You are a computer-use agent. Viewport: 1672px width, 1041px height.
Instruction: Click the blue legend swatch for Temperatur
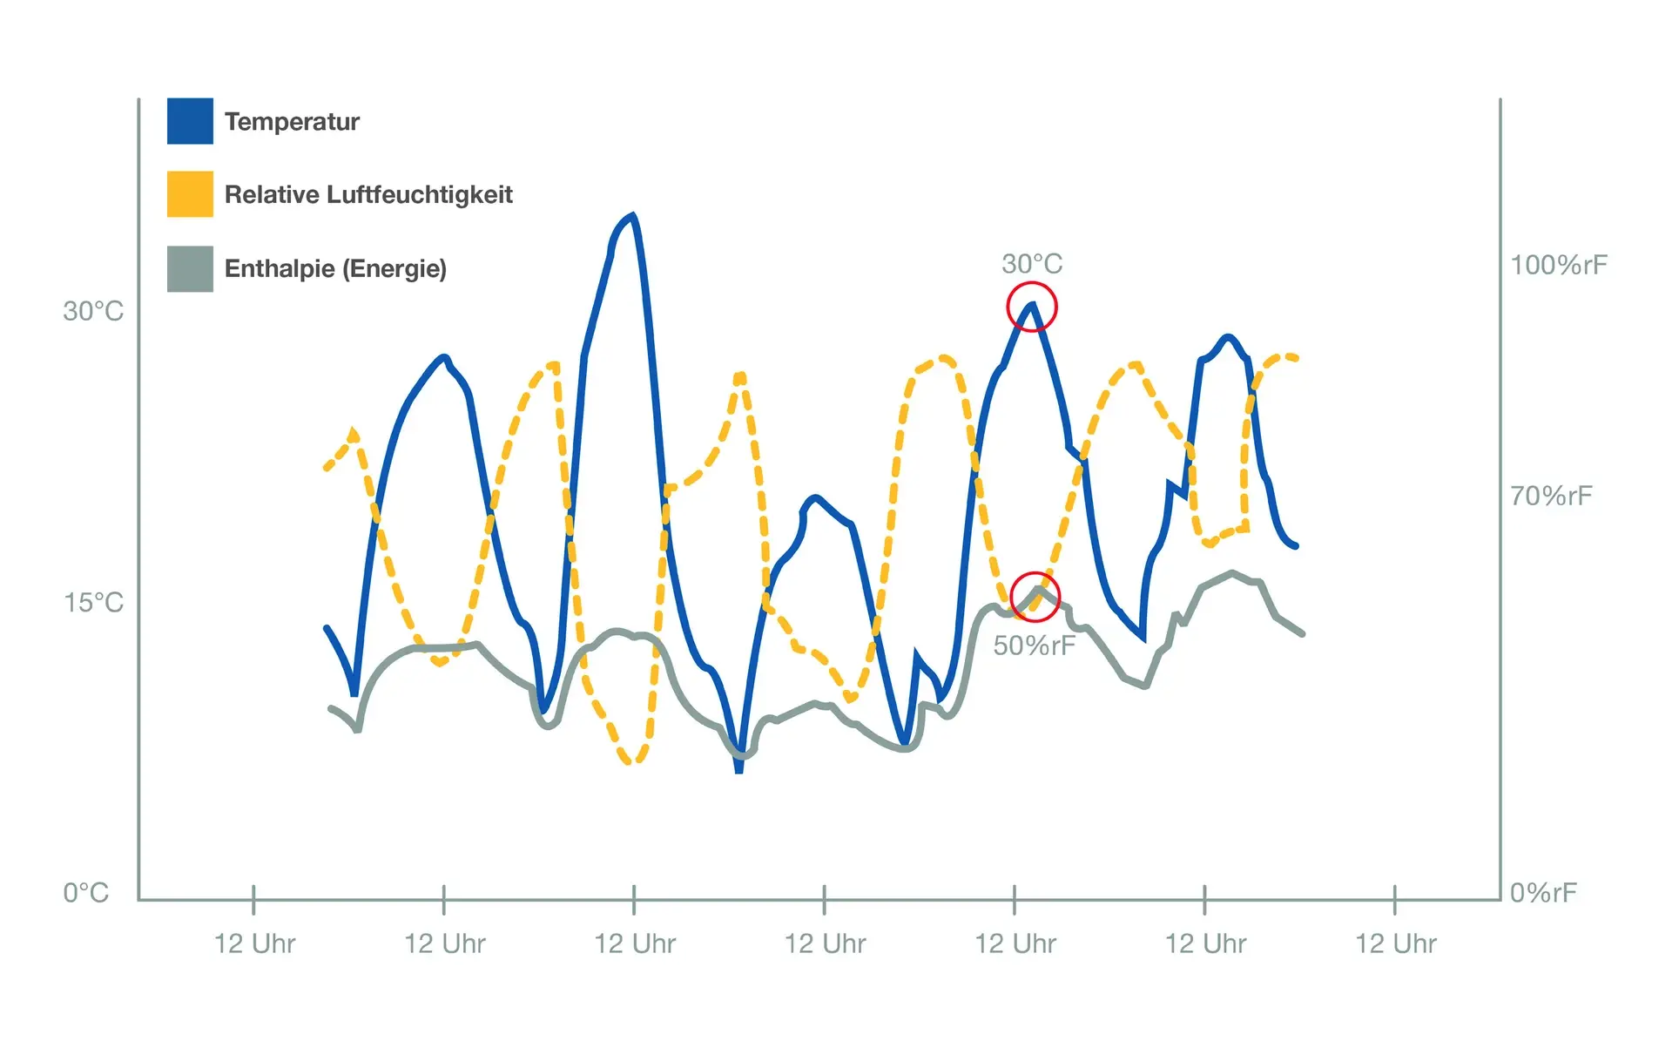(x=190, y=121)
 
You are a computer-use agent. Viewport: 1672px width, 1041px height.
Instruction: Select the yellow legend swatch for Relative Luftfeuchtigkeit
(x=190, y=193)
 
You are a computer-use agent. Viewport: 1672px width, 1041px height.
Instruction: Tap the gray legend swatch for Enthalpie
(x=190, y=268)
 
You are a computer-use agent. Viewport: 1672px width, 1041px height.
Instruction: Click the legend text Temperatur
(x=292, y=122)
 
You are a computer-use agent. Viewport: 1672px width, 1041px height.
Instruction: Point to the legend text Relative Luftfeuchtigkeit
(x=368, y=194)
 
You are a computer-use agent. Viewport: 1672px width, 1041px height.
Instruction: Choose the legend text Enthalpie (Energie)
(x=335, y=268)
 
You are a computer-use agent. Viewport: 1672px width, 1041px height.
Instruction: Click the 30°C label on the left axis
(x=93, y=311)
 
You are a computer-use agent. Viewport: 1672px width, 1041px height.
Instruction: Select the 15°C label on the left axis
(x=93, y=602)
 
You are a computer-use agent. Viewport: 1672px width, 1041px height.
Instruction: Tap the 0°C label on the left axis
(x=85, y=892)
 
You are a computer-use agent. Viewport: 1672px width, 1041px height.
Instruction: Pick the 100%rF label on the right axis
(x=1558, y=265)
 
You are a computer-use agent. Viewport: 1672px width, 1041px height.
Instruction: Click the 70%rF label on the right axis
(x=1551, y=496)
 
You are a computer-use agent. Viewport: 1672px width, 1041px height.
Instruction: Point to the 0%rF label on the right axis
(x=1543, y=892)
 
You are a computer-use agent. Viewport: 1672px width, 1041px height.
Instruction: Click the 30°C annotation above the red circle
(x=1032, y=263)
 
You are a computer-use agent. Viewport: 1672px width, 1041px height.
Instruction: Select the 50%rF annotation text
(x=1035, y=646)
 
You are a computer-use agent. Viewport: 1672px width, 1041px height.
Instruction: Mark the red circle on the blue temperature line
(x=1032, y=307)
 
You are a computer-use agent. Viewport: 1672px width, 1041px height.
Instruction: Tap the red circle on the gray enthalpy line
(x=1035, y=597)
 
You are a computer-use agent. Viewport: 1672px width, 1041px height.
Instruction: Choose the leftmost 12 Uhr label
(x=254, y=943)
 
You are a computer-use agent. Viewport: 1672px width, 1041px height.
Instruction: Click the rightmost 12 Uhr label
(x=1395, y=943)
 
